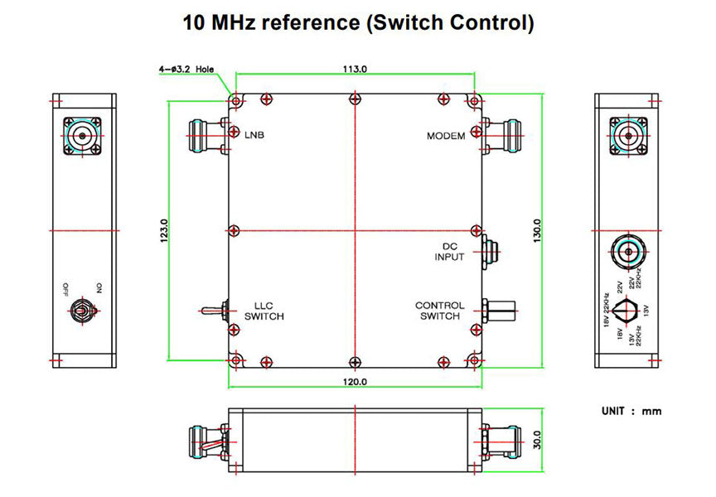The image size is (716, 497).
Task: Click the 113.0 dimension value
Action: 355,70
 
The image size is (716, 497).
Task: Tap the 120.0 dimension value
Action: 355,382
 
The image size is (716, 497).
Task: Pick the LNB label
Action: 254,135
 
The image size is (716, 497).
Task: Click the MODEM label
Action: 446,136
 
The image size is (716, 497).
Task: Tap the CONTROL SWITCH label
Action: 440,311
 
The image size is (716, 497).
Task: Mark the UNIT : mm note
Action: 631,411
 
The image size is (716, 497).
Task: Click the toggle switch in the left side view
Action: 83,311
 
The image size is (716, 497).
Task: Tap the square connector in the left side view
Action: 84,137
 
